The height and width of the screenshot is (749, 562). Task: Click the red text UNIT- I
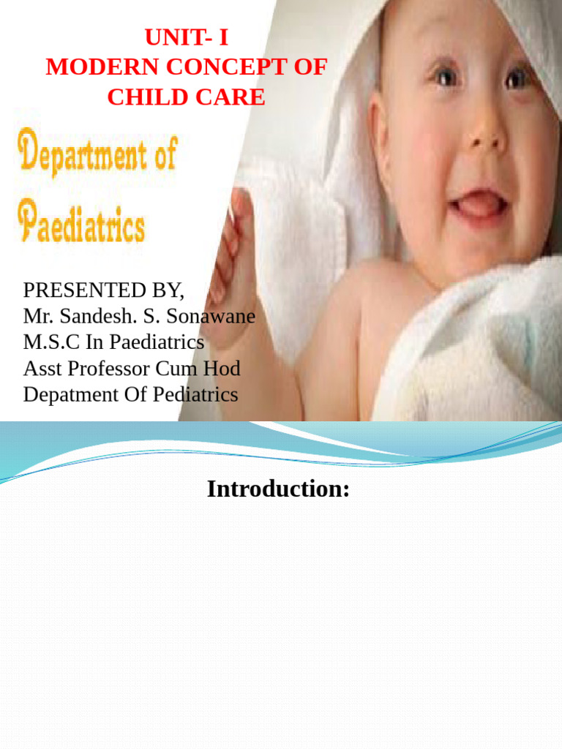(x=186, y=37)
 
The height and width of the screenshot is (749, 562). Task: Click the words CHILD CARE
(x=186, y=97)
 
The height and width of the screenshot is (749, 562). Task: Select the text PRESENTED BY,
(x=104, y=290)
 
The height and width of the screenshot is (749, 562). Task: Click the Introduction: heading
(x=278, y=489)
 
